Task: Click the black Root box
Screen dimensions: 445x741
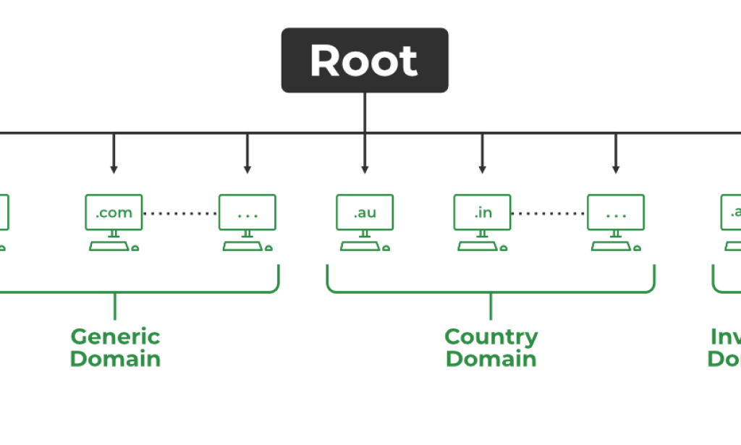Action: [364, 60]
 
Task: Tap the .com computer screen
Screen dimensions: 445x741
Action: [114, 212]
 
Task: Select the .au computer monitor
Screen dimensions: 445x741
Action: [364, 212]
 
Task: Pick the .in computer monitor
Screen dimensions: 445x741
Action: [482, 212]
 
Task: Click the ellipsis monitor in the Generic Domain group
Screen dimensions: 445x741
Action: [247, 212]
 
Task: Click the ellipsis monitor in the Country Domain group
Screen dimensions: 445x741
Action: [616, 212]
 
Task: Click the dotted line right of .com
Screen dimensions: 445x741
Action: [180, 213]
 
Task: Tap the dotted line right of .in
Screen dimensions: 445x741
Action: [549, 213]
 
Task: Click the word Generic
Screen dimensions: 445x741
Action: [115, 336]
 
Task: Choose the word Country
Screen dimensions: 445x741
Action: [491, 336]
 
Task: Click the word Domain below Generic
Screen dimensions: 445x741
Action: [115, 359]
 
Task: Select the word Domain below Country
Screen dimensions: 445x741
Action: [491, 359]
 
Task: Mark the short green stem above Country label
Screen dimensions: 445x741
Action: [491, 306]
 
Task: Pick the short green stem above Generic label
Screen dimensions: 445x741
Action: [114, 306]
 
